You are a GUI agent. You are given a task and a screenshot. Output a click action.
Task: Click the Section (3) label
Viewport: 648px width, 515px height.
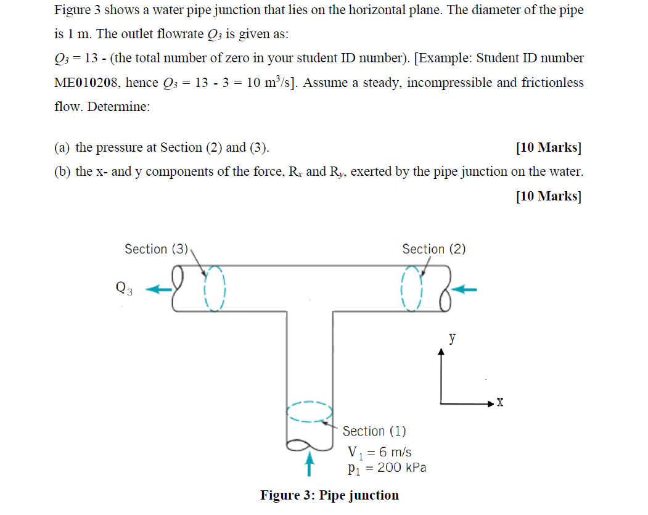[x=156, y=249]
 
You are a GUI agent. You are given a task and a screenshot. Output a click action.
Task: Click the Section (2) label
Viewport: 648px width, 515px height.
[x=433, y=249]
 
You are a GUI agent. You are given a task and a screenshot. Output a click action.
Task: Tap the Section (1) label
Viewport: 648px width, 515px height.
[x=374, y=431]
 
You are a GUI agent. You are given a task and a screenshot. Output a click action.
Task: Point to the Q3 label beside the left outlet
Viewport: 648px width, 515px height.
[x=123, y=287]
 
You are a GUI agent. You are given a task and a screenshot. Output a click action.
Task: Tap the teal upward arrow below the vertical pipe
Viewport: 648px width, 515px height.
[x=310, y=464]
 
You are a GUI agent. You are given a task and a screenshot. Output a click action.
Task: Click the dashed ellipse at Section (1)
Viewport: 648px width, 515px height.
[x=310, y=412]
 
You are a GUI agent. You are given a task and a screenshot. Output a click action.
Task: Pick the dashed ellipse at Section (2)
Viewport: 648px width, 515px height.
[x=411, y=288]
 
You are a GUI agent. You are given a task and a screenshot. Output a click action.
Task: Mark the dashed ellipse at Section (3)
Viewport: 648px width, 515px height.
[x=213, y=288]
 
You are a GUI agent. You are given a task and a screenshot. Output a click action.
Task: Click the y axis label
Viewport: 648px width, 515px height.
[x=453, y=337]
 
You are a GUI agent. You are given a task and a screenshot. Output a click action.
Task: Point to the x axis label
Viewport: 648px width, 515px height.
[x=500, y=403]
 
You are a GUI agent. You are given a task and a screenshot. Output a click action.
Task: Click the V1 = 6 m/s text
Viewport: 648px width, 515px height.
[x=380, y=451]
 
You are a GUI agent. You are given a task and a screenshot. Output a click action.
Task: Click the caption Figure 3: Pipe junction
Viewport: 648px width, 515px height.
[x=329, y=495]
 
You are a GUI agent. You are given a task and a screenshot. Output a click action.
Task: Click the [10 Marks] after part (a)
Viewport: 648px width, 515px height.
[x=548, y=147]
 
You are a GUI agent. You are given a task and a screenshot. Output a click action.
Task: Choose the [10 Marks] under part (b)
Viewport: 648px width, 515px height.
[x=548, y=196]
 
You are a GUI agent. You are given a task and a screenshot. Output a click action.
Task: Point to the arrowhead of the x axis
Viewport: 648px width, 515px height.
[x=490, y=403]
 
